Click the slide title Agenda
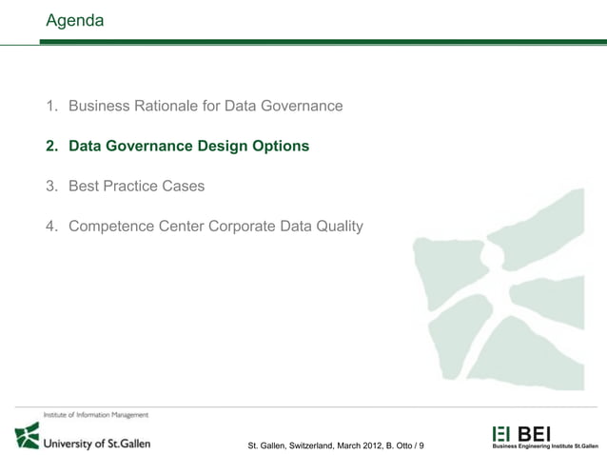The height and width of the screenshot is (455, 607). click(x=74, y=19)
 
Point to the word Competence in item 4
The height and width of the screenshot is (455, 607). click(x=109, y=227)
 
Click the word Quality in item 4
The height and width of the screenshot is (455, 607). click(x=336, y=227)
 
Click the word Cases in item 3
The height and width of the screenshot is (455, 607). click(x=184, y=187)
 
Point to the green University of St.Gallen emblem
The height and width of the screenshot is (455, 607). click(x=27, y=436)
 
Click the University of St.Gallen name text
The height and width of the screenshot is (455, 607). click(x=98, y=442)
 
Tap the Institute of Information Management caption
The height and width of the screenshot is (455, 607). click(x=95, y=415)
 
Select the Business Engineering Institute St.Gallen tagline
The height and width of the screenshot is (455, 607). click(x=544, y=445)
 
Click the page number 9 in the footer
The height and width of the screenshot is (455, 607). click(x=422, y=445)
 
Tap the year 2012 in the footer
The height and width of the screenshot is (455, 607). click(x=368, y=445)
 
